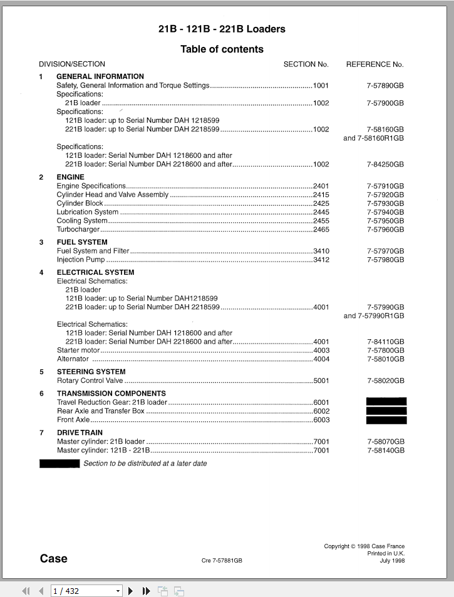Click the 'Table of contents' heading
tap(222, 49)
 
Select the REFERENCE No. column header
tap(374, 64)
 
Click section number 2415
tap(321, 195)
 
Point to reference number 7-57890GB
tap(385, 86)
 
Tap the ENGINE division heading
tap(70, 177)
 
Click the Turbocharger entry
tap(75, 230)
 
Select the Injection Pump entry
tap(81, 260)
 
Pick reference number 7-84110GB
tap(385, 342)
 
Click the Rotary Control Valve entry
tap(90, 380)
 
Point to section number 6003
tap(321, 420)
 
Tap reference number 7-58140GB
tap(385, 451)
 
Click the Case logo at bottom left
tap(54, 559)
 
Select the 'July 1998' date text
tap(392, 561)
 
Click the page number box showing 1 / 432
tap(86, 591)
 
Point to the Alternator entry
tap(73, 359)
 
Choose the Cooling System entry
tap(82, 221)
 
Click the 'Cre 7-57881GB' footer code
tap(222, 561)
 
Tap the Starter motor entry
tap(78, 350)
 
